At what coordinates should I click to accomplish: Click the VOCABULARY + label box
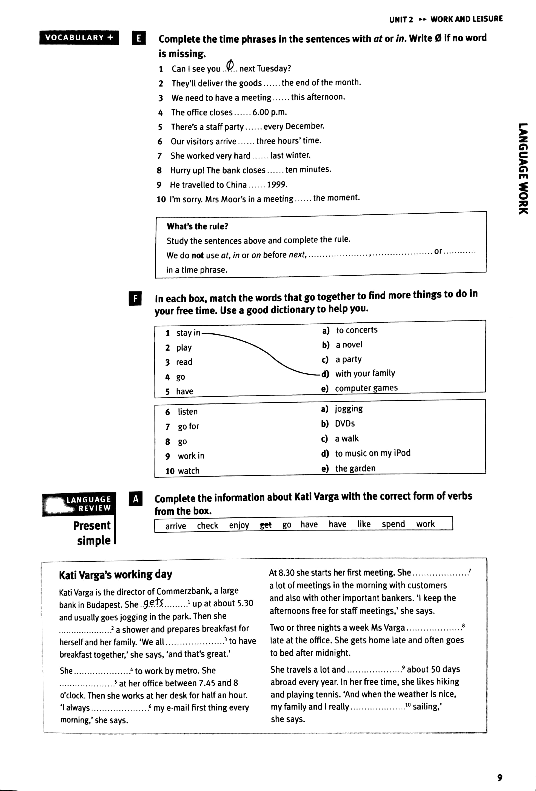coord(79,38)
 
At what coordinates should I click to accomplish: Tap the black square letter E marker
coord(139,38)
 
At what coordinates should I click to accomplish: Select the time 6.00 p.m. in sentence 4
coord(269,112)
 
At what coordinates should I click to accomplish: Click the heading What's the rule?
coord(197,226)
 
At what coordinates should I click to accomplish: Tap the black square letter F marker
coord(135,299)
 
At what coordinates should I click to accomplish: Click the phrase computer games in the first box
coord(366,388)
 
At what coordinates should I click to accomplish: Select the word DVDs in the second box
coord(345,423)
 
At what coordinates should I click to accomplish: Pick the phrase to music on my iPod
coord(373,453)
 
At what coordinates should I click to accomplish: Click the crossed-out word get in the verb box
coord(265,525)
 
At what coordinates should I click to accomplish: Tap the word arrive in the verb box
coord(175,526)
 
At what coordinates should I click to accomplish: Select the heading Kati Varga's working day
coord(115,575)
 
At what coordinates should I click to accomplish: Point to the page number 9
coord(500,777)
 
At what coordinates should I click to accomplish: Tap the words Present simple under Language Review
coord(92,533)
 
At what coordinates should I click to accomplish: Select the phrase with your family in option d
coord(365,373)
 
